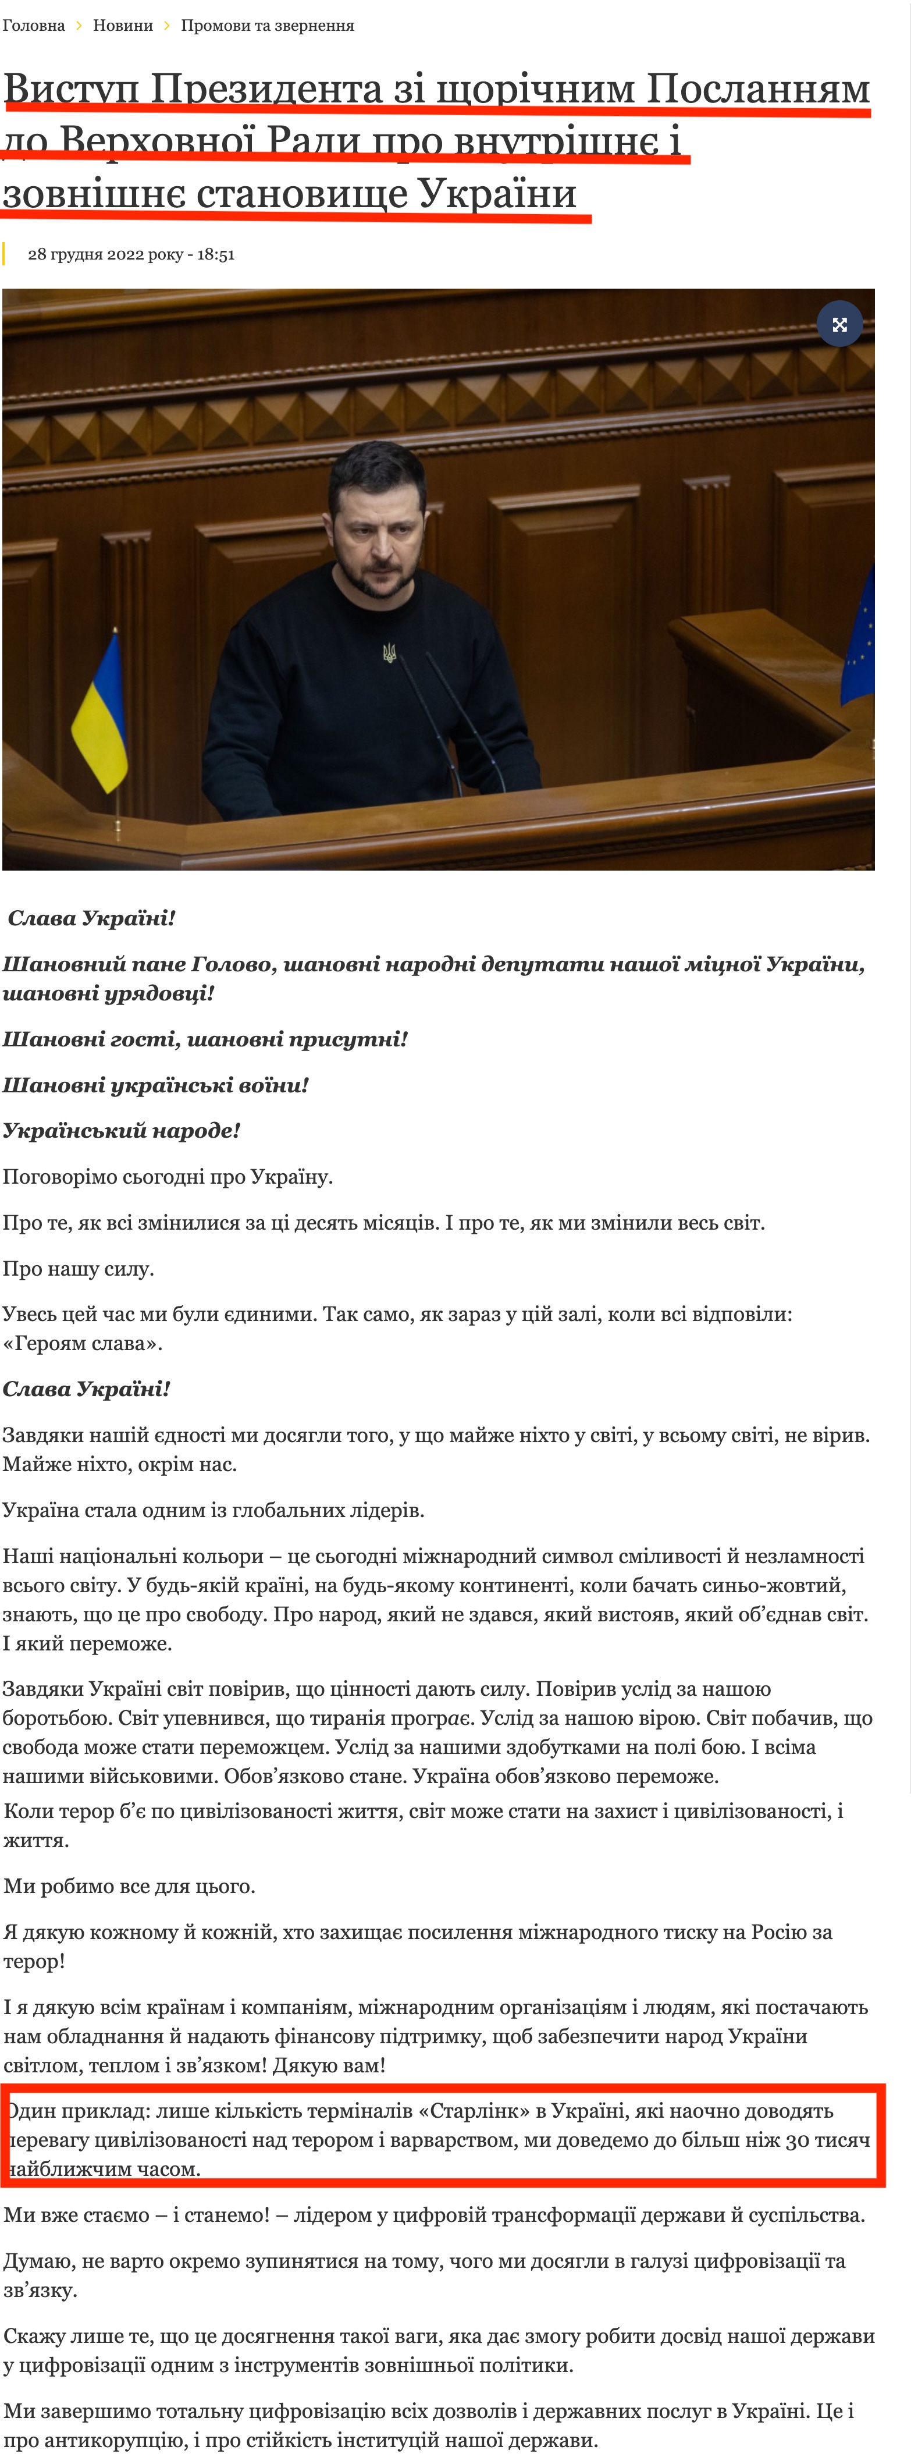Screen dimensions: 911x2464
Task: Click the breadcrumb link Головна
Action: pos(34,26)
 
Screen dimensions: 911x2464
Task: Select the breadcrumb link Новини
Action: pos(122,26)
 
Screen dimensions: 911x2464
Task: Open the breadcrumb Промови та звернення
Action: pos(268,26)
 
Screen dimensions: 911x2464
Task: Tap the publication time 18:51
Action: pos(216,254)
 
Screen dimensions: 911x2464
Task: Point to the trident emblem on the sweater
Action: pos(389,654)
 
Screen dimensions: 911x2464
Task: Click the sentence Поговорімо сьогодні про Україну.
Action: pos(168,1177)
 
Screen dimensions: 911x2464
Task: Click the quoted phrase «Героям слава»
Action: pos(82,1343)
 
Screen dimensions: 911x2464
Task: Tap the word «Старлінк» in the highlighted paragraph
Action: pos(486,2110)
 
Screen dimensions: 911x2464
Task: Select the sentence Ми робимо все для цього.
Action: pos(129,1886)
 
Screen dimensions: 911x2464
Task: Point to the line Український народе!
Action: pos(120,1131)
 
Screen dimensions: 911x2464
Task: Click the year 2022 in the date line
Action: pos(125,254)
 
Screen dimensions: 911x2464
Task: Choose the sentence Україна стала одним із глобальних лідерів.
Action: pos(213,1510)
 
